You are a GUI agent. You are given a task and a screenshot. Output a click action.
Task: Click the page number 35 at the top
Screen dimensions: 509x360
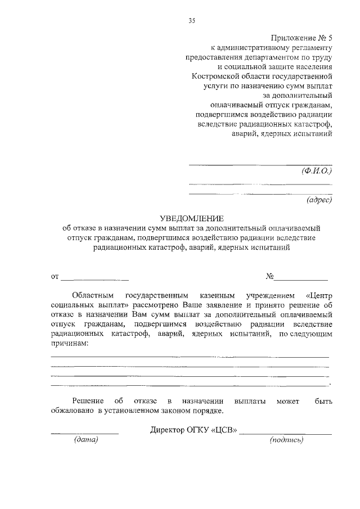(191, 21)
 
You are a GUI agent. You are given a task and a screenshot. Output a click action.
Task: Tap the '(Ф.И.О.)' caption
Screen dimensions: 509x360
(317, 171)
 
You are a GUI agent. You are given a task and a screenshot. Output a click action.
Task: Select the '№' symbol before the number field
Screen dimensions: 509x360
(269, 276)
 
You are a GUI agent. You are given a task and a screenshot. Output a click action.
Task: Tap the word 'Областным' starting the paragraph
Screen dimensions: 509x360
(93, 295)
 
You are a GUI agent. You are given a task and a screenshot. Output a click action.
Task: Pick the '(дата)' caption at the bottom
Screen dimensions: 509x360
(86, 439)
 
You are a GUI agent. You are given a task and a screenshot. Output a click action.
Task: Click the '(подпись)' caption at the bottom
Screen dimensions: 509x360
(287, 439)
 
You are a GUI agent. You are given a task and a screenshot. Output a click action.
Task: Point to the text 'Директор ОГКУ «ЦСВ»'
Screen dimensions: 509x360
(194, 430)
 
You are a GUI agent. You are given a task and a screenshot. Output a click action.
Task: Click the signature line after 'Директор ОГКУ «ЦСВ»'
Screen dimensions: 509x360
(286, 434)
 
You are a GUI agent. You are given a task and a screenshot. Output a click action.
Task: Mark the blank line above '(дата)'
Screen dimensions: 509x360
(84, 434)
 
